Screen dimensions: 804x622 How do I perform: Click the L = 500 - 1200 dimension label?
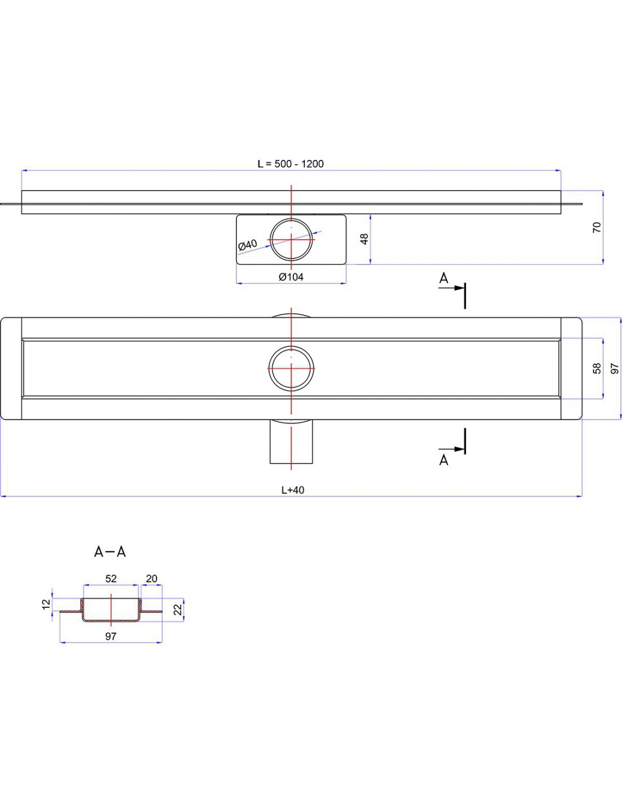coord(291,164)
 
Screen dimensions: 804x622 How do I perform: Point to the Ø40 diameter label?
coord(247,245)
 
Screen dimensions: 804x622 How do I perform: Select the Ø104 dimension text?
coord(291,277)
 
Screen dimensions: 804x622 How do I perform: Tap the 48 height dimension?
coord(365,239)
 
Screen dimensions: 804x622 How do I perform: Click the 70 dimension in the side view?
coord(597,227)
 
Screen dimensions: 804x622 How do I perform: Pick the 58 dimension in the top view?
coord(597,369)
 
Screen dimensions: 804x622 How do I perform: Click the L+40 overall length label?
coord(293,490)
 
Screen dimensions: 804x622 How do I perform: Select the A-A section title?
coord(110,552)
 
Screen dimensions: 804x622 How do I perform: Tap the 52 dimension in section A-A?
coord(111,578)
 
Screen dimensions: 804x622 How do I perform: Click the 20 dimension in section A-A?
coord(152,578)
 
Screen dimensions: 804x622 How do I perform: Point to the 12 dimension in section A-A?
coord(46,604)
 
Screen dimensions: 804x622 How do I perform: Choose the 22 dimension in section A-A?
coord(178,610)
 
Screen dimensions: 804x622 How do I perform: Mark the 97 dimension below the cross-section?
coord(111,637)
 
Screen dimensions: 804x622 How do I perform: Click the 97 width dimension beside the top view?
coord(615,369)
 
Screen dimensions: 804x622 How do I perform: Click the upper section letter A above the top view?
coord(444,278)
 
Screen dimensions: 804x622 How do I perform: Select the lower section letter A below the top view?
coord(444,460)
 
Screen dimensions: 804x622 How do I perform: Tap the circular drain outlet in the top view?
coord(291,368)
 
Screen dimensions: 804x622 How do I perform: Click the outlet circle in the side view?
coord(291,239)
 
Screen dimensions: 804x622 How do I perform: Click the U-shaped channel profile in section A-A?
coord(111,619)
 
